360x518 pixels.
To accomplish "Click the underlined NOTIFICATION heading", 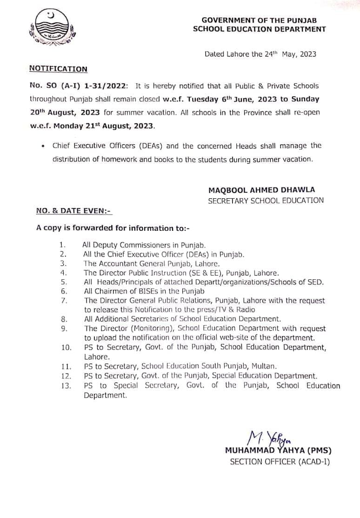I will pos(58,69).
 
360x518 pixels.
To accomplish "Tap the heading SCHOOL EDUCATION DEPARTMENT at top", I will pos(260,29).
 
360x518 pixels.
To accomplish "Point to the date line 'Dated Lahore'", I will pos(260,54).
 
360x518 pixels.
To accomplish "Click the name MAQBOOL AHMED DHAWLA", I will pos(262,189).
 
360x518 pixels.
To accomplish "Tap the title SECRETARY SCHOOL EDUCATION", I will pos(266,201).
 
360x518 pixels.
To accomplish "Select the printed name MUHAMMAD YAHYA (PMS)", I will pos(278,451).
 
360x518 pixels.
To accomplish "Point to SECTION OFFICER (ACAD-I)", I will pos(280,462).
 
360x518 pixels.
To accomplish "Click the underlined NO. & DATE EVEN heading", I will pos(74,211).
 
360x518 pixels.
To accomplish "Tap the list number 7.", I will pos(64,301).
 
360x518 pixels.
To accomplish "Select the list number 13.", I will pos(66,386).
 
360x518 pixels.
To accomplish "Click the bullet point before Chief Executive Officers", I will pos(43,146).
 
